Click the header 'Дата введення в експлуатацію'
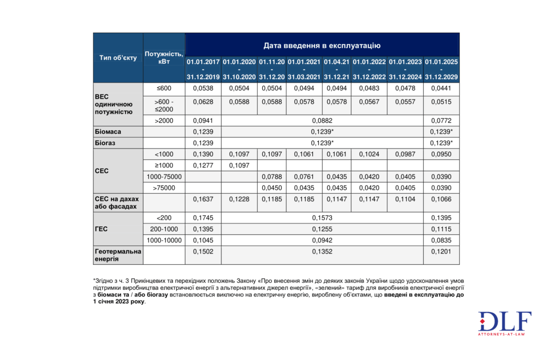[x=322, y=45]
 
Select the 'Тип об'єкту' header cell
[x=118, y=58]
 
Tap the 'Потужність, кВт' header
[x=164, y=58]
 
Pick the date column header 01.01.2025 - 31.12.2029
[x=441, y=69]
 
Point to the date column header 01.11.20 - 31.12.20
[x=272, y=69]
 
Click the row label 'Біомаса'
[x=108, y=132]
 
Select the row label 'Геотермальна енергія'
[x=118, y=255]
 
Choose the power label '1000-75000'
[x=164, y=177]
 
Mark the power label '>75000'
[x=164, y=188]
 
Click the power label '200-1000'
[x=164, y=229]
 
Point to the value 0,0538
[x=203, y=88]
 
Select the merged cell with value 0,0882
[x=322, y=121]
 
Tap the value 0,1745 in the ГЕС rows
[x=203, y=218]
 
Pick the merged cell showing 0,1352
[x=322, y=251]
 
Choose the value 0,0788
[x=272, y=177]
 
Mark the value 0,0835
[x=441, y=240]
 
